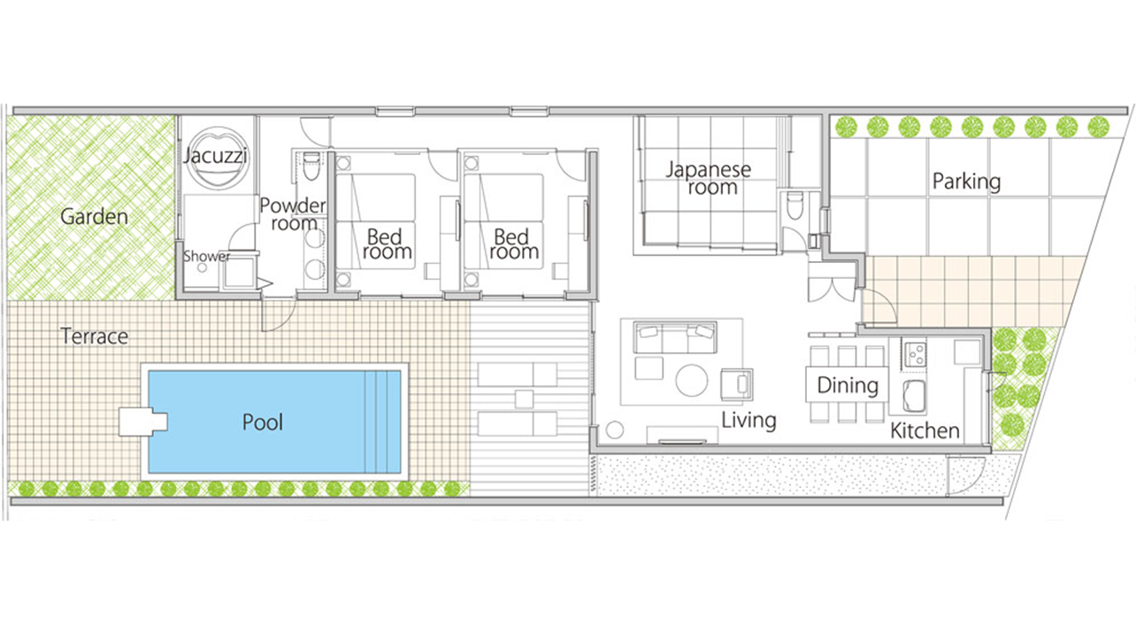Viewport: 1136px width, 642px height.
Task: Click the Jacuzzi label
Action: point(216,155)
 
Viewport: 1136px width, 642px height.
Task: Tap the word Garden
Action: point(94,217)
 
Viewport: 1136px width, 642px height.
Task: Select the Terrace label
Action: point(95,336)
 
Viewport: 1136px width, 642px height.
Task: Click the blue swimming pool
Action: point(274,422)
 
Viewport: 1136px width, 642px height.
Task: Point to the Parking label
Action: point(967,182)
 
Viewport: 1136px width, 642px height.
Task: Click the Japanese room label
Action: point(709,178)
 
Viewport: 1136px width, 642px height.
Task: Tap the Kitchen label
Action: point(925,431)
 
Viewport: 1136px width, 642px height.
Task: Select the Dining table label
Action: point(848,385)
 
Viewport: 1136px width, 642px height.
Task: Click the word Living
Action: point(748,421)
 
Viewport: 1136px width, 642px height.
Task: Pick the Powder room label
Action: point(293,214)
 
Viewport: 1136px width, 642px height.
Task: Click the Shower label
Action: point(206,256)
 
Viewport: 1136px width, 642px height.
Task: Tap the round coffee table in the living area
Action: point(691,380)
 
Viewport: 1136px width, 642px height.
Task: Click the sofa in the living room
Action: point(675,336)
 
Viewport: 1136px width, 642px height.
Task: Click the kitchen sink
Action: point(914,395)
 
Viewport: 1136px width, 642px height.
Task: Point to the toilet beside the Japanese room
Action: point(794,205)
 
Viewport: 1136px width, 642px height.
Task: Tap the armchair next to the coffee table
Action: point(736,383)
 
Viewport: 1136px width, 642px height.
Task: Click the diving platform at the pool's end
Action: point(142,422)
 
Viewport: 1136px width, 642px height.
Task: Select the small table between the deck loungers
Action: point(524,398)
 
